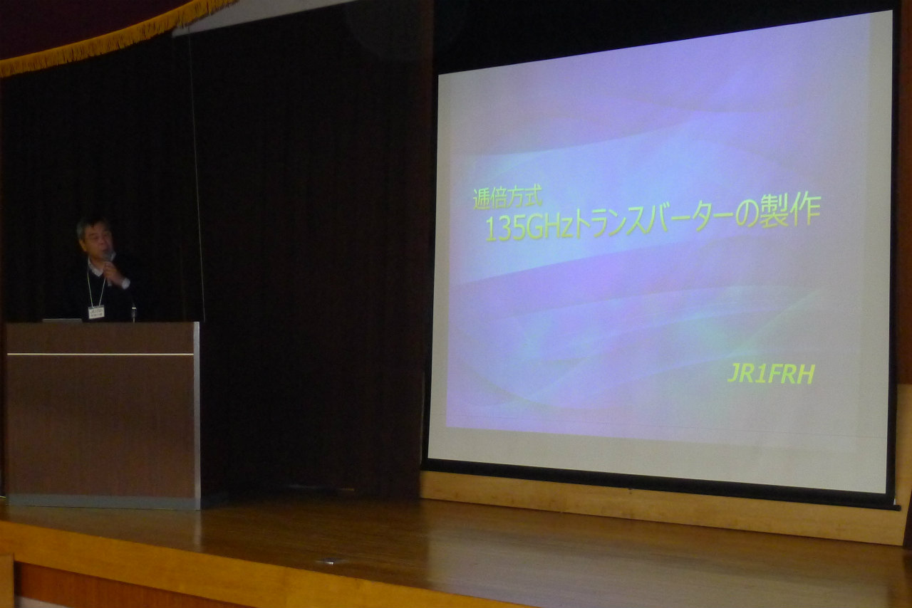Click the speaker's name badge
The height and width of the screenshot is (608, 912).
coord(96,312)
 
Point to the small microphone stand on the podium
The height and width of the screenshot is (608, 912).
coord(133,313)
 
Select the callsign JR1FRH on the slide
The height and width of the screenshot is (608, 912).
coord(771,374)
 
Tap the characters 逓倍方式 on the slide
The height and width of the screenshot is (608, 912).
coord(508,197)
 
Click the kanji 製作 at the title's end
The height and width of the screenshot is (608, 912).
coord(790,210)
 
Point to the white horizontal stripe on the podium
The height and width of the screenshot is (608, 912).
coord(100,355)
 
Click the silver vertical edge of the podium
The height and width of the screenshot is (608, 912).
coord(196,415)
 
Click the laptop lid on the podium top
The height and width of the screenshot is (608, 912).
coord(62,320)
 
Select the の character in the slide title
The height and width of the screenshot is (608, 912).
coord(747,215)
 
